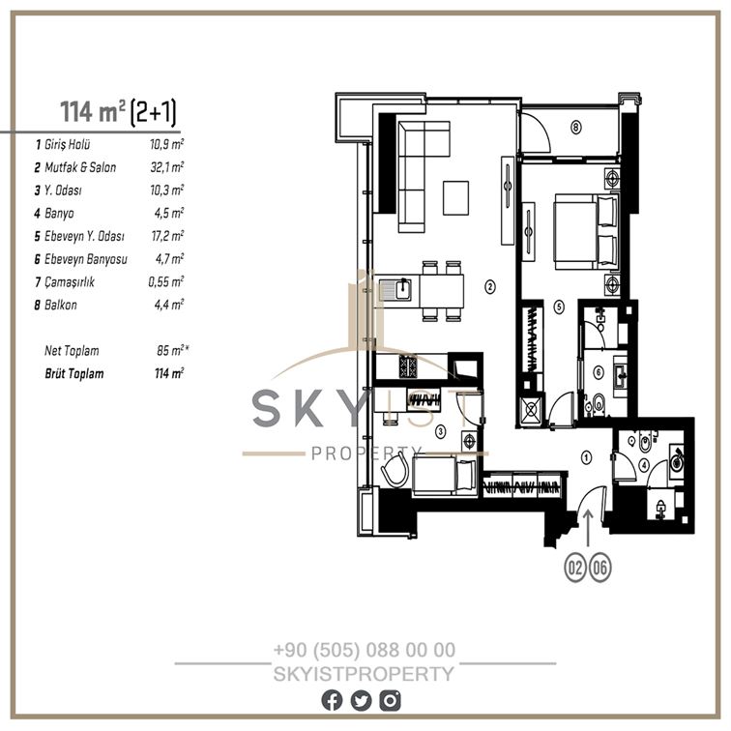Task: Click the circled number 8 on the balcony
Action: tap(576, 127)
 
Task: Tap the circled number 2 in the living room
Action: tap(489, 287)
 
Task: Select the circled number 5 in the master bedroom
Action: tap(559, 307)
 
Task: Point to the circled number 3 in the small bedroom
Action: tap(441, 431)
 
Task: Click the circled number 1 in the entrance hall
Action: tap(586, 457)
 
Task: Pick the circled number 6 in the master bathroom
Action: tap(599, 372)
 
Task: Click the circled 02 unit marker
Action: tap(575, 568)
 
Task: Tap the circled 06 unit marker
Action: tap(600, 568)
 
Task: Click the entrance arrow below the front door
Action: tap(588, 527)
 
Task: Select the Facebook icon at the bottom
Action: tap(332, 701)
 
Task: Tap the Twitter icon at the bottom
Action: tap(361, 701)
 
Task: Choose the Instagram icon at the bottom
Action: tap(390, 701)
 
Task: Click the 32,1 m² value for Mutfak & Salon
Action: tap(167, 167)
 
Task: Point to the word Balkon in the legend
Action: tap(61, 305)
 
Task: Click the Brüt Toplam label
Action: tap(74, 374)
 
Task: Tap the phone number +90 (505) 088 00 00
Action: tap(365, 650)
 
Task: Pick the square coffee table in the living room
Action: tap(456, 198)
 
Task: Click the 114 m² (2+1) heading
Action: tap(118, 112)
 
